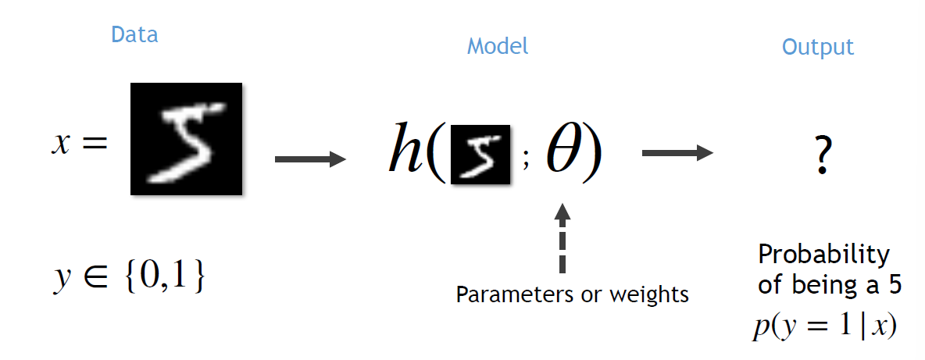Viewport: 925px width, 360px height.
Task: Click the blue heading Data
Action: (134, 35)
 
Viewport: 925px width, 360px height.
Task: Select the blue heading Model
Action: (498, 47)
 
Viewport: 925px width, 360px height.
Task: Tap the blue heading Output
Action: (818, 47)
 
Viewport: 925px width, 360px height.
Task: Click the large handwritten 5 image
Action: (186, 138)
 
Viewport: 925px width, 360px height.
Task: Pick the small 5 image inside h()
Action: (480, 155)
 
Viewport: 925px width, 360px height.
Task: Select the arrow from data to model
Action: (310, 159)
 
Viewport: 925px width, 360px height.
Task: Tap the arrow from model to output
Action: (677, 154)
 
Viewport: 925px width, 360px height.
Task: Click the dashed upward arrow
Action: (563, 237)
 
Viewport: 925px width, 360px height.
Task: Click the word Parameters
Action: (509, 294)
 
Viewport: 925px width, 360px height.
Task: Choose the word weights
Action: (651, 294)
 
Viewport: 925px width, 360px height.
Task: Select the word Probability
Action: (823, 256)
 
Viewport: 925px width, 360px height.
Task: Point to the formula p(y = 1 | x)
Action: (825, 325)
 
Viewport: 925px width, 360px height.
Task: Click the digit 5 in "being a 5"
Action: (895, 285)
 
